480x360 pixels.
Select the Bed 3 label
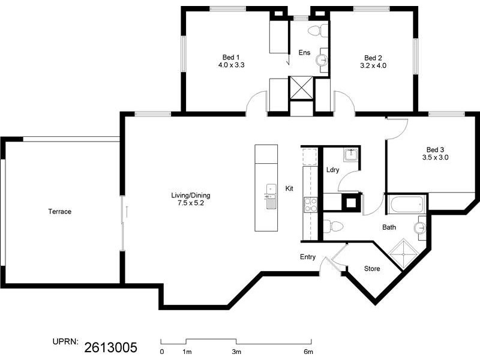(x=435, y=149)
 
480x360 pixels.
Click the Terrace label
(x=60, y=212)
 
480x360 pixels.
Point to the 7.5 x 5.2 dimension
(x=190, y=203)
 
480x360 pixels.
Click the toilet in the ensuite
(x=316, y=30)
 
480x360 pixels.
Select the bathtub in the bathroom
(x=407, y=205)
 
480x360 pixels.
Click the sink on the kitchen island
(x=270, y=194)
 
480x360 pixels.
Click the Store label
(x=372, y=269)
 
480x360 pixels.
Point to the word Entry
(x=308, y=257)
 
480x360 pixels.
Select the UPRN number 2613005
(x=111, y=347)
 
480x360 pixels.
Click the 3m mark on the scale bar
(x=236, y=352)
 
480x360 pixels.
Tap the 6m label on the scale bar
(x=308, y=352)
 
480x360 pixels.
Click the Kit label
(x=289, y=188)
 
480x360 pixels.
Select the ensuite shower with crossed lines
(x=302, y=88)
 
